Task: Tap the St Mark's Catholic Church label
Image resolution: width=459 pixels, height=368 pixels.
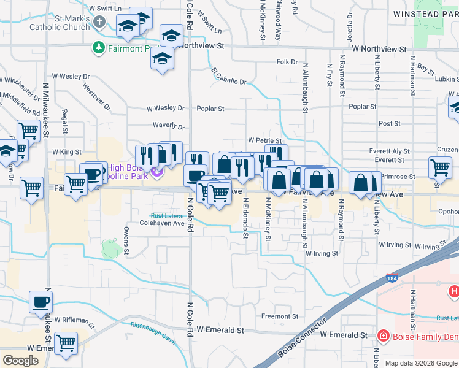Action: coord(80,23)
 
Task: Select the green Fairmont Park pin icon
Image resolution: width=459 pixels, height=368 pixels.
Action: coord(98,47)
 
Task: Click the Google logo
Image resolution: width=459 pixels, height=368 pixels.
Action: coord(20,360)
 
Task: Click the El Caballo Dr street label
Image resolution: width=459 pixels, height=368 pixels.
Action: coord(229,77)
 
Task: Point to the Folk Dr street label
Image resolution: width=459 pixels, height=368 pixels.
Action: coord(287,62)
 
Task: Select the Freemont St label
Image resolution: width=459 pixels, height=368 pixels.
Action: coord(280,316)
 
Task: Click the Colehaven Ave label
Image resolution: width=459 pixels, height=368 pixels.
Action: coord(163,223)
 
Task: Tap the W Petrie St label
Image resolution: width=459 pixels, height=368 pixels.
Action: coord(264,141)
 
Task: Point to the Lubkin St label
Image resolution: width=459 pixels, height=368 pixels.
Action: coord(445,79)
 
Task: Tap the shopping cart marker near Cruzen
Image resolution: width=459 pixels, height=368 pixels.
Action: coord(440,167)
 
